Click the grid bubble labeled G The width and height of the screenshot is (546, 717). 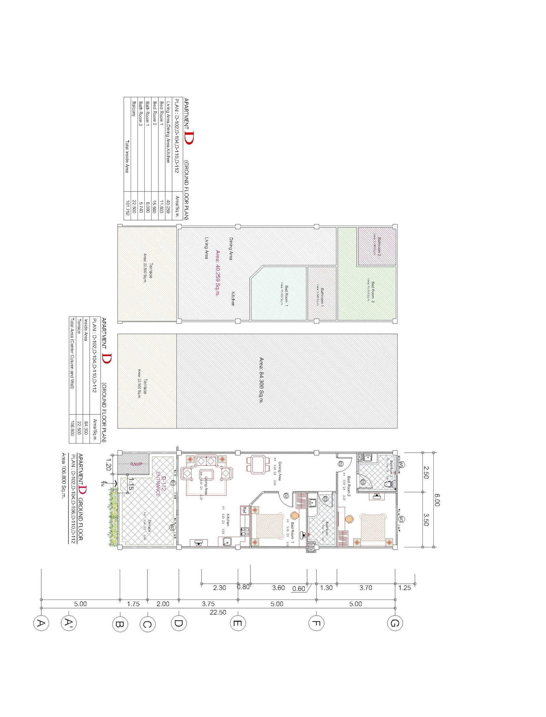click(395, 623)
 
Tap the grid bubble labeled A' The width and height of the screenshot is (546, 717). click(69, 623)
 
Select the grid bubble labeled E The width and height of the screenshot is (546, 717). click(238, 623)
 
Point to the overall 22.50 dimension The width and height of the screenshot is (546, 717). click(218, 612)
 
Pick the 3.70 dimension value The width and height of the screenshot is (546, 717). click(365, 588)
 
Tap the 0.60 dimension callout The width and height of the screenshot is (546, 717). click(299, 588)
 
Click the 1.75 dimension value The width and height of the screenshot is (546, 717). click(133, 604)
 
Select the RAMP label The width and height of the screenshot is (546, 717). click(136, 464)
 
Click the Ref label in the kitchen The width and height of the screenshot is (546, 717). click(244, 510)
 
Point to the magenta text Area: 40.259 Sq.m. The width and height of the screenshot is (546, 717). click(217, 273)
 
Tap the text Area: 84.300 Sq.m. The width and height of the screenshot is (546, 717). click(261, 380)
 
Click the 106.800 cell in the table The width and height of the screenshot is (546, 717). click(72, 427)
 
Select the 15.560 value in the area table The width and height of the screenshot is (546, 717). click(154, 207)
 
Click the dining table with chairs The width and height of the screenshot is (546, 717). click(257, 464)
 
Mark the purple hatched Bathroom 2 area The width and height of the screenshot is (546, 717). click(377, 247)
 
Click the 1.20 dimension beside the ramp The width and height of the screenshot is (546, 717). click(109, 464)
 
